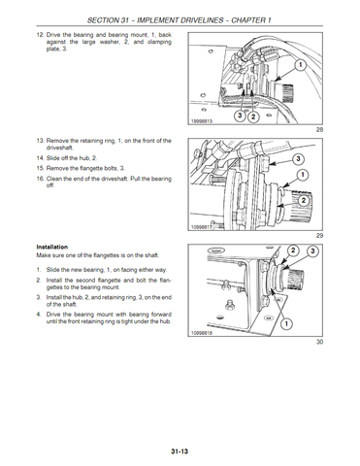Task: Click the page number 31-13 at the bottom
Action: tap(180, 451)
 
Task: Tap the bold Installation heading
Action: tap(52, 247)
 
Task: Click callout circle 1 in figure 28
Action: tap(300, 65)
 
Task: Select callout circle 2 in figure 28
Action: tap(253, 116)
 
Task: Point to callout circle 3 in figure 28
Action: tap(240, 116)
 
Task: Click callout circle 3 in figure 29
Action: tap(298, 159)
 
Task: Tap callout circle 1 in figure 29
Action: tap(303, 176)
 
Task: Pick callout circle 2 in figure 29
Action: tap(304, 201)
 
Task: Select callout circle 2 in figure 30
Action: tap(293, 250)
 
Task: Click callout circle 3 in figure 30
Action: tap(312, 251)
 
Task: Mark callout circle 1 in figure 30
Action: tap(286, 323)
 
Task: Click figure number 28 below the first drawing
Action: tap(319, 130)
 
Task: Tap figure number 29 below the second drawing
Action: tap(319, 236)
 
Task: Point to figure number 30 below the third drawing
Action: tap(319, 342)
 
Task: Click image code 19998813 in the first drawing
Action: tap(202, 121)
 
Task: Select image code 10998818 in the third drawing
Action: tap(202, 333)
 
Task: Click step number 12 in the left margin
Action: tap(40, 35)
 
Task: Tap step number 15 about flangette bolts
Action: tap(40, 168)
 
